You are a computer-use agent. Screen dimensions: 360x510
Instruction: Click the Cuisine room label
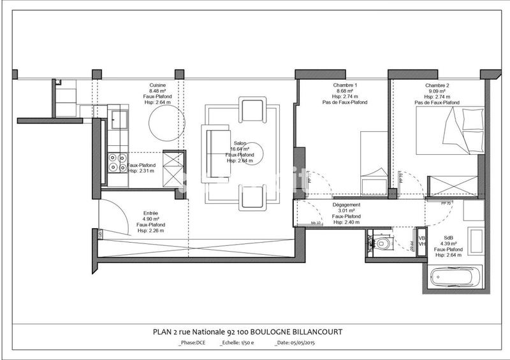pos(158,85)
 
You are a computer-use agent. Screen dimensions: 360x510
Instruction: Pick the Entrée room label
pos(150,213)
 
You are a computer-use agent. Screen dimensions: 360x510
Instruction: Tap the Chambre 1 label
pos(345,85)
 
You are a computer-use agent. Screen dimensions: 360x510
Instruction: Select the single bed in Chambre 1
pos(373,162)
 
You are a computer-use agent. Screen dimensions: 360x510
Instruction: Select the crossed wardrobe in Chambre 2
pos(453,185)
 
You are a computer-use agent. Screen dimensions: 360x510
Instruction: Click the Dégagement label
pos(347,205)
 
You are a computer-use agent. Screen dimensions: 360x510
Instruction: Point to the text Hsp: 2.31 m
pos(142,171)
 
